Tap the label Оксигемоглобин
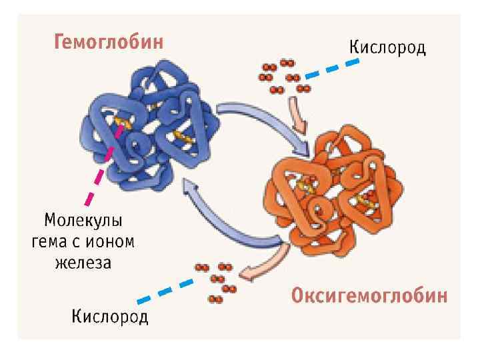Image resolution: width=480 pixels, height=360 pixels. click(x=369, y=296)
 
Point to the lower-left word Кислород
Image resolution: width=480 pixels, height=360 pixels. click(x=111, y=315)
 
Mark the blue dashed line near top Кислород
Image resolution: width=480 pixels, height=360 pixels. click(x=330, y=69)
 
